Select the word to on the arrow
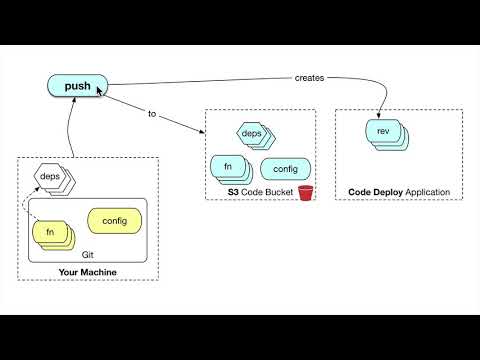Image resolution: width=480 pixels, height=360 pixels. click(x=153, y=114)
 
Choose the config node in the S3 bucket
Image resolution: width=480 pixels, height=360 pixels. click(x=285, y=169)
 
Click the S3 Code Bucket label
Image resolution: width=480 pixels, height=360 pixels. click(x=255, y=191)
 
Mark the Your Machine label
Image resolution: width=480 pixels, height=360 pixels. click(x=88, y=271)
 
